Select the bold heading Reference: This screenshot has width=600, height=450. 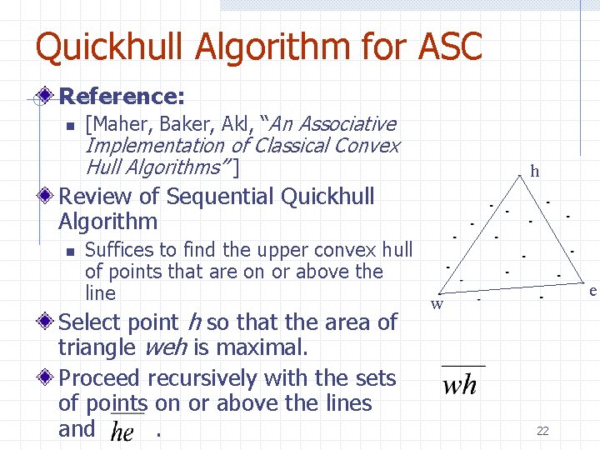point(122,97)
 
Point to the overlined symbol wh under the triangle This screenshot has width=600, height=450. point(459,384)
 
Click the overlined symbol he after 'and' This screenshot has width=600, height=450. point(122,432)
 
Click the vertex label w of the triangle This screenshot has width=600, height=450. point(436,304)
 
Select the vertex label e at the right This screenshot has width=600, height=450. point(592,291)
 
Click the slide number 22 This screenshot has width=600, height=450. point(542,431)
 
